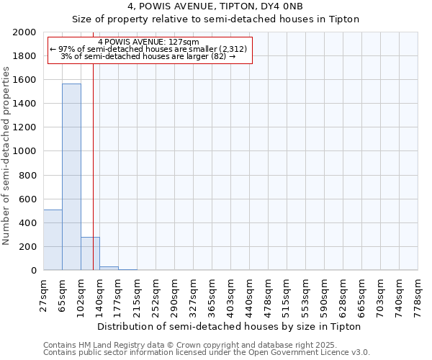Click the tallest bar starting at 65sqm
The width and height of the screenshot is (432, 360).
(71, 176)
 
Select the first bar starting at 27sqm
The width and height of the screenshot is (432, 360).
(53, 240)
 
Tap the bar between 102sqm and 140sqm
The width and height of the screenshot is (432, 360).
(90, 253)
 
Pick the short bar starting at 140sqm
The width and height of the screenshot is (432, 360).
(109, 268)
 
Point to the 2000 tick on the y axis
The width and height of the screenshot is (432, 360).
(27, 32)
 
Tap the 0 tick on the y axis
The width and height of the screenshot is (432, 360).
(35, 271)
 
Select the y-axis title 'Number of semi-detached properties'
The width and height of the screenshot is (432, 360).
(7, 156)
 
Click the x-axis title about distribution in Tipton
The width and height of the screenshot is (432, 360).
(228, 326)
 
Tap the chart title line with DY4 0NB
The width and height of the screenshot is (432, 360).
(215, 6)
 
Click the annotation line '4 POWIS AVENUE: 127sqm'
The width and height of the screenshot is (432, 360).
(148, 42)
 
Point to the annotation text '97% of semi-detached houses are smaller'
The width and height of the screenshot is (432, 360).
(148, 49)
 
